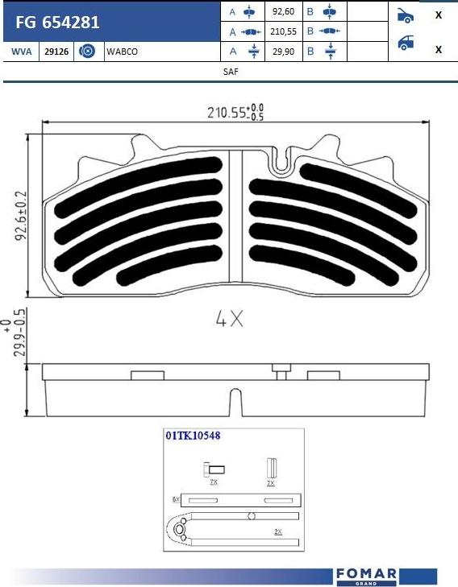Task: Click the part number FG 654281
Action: coord(57,23)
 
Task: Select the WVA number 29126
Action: coord(56,52)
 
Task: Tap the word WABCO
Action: coord(123,52)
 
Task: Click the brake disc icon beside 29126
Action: coord(87,51)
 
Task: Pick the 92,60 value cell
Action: coord(283,11)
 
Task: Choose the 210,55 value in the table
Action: coord(283,31)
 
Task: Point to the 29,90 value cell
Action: coord(283,52)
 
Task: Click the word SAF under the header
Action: coord(231,72)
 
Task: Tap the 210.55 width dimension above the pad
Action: coord(235,112)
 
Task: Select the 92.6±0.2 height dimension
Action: coord(21,216)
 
